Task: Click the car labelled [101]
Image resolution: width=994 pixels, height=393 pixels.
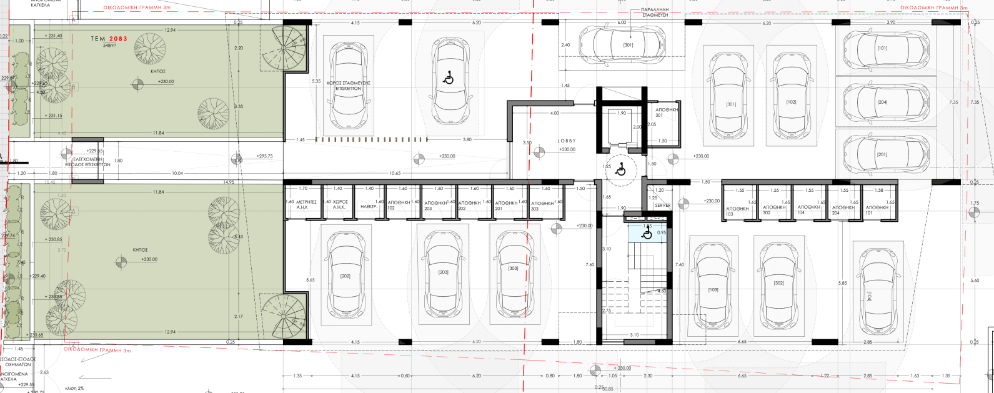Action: click(x=882, y=48)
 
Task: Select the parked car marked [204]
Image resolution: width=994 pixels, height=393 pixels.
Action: click(x=882, y=102)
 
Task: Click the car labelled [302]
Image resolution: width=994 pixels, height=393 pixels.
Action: click(x=778, y=283)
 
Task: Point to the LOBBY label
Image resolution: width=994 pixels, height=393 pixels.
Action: click(x=566, y=141)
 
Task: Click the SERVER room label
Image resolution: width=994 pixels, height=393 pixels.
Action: click(x=662, y=206)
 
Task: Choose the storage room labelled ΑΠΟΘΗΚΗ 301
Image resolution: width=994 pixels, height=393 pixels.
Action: click(x=666, y=112)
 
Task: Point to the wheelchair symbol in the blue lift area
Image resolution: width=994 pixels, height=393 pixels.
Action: click(x=647, y=234)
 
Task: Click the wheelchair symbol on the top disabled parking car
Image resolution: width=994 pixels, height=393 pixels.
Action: click(x=447, y=79)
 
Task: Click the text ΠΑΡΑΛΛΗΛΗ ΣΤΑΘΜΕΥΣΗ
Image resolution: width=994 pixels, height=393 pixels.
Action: click(x=652, y=14)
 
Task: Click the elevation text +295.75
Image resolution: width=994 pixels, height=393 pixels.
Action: click(x=265, y=156)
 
